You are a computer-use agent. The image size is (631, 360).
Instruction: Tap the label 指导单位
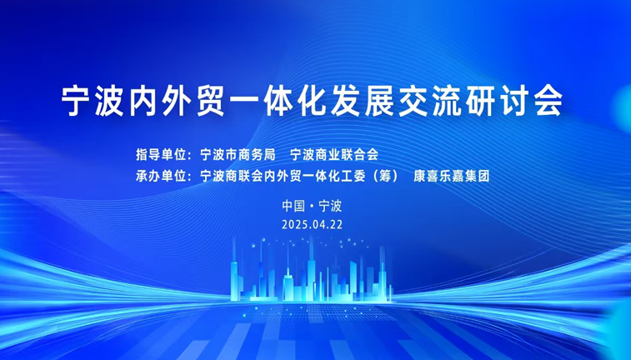point(161,154)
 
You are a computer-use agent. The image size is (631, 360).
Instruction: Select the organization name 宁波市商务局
point(238,154)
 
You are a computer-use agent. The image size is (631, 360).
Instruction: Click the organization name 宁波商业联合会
point(334,154)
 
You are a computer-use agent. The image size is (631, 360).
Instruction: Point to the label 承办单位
point(161,176)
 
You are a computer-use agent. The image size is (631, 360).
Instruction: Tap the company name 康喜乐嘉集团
point(452,176)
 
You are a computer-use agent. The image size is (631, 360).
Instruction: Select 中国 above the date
point(293,206)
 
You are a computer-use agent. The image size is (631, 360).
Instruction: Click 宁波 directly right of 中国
point(330,206)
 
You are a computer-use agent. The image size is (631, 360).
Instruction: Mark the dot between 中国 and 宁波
point(312,207)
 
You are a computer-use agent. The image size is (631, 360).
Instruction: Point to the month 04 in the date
point(317,225)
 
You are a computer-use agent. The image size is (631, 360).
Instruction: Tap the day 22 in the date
point(337,225)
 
